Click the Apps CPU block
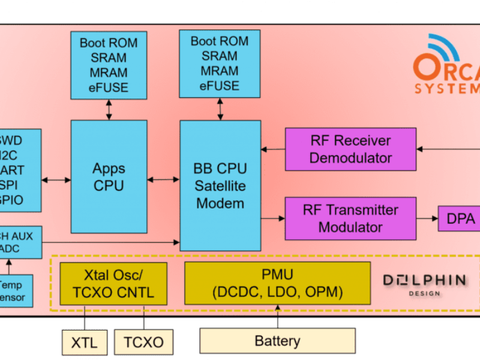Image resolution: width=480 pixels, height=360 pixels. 109,176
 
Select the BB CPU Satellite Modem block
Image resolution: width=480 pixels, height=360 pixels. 220,185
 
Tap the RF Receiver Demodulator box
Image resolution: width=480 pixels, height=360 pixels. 350,149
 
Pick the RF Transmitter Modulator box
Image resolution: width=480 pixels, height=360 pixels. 350,218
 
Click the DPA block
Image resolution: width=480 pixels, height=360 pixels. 460,219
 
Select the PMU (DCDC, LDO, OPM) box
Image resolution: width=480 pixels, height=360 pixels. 277,283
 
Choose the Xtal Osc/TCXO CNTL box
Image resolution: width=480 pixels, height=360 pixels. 113,283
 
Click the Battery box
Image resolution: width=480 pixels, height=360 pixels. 277,341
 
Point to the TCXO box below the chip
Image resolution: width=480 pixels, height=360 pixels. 143,342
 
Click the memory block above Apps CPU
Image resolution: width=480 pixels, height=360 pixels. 109,65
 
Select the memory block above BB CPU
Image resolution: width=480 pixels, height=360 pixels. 220,64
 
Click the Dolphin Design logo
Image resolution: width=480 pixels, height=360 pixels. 424,284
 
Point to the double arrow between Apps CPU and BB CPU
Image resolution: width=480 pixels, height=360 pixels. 164,179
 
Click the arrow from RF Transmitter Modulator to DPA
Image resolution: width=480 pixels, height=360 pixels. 427,219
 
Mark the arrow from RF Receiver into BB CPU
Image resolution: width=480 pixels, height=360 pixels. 272,149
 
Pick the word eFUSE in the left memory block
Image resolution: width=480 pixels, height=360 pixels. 109,88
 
